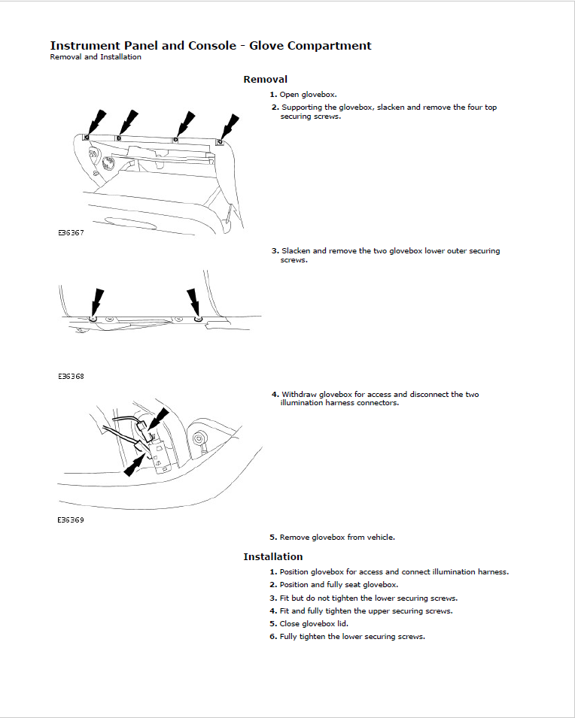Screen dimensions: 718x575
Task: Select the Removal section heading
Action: click(x=265, y=79)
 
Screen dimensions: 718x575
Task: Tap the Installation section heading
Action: click(x=272, y=556)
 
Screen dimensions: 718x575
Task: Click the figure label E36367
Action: click(x=71, y=233)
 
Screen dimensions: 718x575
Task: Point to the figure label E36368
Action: click(x=71, y=376)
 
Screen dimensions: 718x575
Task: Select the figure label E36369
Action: click(x=71, y=520)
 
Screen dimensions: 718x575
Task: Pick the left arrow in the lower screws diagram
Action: click(x=96, y=301)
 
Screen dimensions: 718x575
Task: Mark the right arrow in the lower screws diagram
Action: click(x=194, y=301)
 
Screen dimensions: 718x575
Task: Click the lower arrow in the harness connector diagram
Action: click(x=135, y=462)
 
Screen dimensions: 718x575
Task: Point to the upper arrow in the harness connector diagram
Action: click(x=160, y=420)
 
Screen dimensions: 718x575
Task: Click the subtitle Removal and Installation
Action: click(x=96, y=57)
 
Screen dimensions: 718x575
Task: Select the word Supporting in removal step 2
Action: click(x=300, y=108)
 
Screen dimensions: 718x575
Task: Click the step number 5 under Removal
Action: click(x=273, y=538)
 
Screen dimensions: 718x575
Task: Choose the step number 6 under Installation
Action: click(x=273, y=637)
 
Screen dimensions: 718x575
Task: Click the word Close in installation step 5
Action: click(x=290, y=624)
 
